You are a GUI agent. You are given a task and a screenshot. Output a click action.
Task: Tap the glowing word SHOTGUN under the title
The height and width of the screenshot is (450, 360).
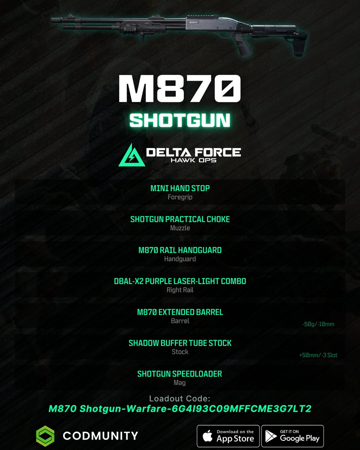click(180, 120)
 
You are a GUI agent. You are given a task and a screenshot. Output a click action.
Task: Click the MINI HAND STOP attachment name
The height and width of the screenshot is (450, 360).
click(180, 188)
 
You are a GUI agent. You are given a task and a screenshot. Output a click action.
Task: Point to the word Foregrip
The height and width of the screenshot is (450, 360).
click(180, 197)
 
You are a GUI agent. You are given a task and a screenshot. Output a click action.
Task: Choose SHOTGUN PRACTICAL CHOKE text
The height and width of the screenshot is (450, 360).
click(180, 219)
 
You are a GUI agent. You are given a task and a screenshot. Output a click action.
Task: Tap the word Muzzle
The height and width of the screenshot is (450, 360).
click(180, 228)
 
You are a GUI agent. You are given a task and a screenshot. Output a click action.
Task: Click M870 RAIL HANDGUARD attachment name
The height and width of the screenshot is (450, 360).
click(180, 250)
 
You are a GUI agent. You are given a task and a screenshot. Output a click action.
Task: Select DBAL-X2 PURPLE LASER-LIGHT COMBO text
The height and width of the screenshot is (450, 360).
click(180, 281)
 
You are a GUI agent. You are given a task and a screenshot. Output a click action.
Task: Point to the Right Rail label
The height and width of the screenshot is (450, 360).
click(180, 289)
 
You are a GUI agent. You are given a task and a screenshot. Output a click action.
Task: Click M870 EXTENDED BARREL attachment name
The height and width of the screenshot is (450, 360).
click(180, 312)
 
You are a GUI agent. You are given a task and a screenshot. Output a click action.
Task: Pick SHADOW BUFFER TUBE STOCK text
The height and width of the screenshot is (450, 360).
click(180, 343)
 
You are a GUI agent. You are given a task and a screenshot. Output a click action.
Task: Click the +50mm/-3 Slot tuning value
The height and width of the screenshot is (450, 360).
click(318, 355)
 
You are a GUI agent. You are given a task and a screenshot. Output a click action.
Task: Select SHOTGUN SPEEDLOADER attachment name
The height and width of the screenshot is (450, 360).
click(180, 374)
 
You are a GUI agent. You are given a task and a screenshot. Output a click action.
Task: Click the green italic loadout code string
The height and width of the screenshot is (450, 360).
click(180, 409)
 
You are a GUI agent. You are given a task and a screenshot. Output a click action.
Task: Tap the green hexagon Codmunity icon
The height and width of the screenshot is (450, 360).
click(45, 436)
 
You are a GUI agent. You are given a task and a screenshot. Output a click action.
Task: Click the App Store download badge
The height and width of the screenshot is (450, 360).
click(228, 436)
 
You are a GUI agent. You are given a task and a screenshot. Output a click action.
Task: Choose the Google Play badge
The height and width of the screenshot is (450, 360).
click(292, 436)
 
